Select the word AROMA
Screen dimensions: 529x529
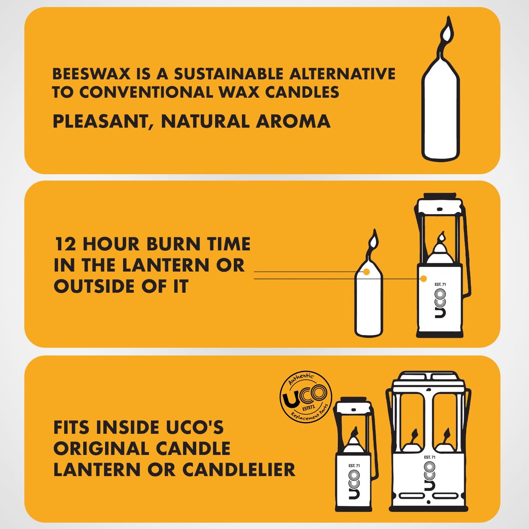pyautogui.click(x=293, y=122)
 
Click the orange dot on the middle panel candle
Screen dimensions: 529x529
pyautogui.click(x=366, y=272)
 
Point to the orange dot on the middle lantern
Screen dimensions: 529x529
pyautogui.click(x=424, y=279)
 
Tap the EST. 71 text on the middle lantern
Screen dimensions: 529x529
pyautogui.click(x=440, y=284)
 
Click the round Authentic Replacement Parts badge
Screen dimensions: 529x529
pyautogui.click(x=306, y=397)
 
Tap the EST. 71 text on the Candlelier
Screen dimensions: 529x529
pyautogui.click(x=430, y=457)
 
